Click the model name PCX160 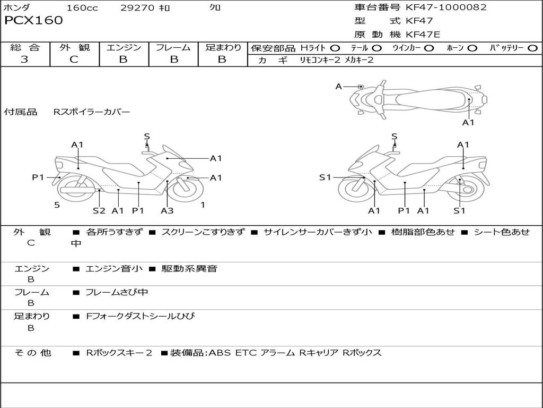pos(33,21)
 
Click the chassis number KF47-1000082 pos(446,7)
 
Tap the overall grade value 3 pos(24,59)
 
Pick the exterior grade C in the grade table pos(74,59)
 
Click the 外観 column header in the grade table pos(74,48)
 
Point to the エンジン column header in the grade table pos(124,48)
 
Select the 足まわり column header pos(223,48)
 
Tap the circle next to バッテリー pos(532,48)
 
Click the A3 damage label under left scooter pos(167,210)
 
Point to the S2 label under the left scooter pos(99,210)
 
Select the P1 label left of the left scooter pos(38,177)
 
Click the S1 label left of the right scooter pos(325,177)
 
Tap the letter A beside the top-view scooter pos(339,86)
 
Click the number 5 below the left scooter pos(57,205)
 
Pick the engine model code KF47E pos(423,35)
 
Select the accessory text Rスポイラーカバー pos(91,112)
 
